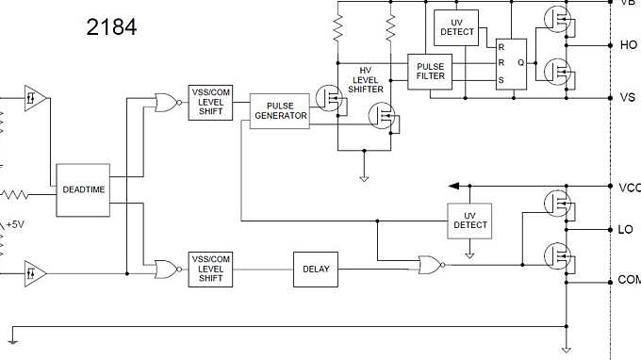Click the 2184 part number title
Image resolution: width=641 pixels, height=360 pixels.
pos(111,28)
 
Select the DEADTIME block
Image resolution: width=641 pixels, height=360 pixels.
pos(84,189)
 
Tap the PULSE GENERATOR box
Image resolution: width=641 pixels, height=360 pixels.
pos(280,111)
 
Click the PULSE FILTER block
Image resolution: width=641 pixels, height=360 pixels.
pos(430,70)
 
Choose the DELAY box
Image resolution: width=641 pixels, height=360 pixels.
pos(316,269)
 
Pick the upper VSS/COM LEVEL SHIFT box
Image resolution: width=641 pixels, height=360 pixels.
pos(210,102)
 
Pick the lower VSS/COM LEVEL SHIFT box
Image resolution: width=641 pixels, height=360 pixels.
pos(210,269)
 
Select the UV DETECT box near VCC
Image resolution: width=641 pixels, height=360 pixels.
pos(470,220)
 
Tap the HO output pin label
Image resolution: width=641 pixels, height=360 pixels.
pos(629,44)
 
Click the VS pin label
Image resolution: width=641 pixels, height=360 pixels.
pos(628,98)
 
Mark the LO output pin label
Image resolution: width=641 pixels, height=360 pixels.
pos(626,229)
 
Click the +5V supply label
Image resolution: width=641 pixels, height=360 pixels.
pos(15,225)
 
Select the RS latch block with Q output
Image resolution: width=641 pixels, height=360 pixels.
pos(512,63)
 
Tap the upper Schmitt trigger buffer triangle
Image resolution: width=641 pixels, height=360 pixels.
pos(34,97)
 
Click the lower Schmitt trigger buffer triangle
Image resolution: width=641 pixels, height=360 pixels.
pos(34,273)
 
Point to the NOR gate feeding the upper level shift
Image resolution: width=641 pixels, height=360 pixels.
pos(166,103)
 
